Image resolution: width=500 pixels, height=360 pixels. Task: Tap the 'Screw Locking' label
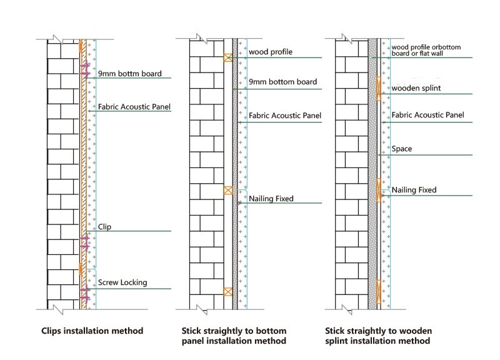pos(122,282)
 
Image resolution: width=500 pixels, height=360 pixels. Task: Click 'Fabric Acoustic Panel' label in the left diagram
pos(134,107)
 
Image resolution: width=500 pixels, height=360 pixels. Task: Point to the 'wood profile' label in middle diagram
pos(270,52)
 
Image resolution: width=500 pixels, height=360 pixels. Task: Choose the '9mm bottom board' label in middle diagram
pos(282,82)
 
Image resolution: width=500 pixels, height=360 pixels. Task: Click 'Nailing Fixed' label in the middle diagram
pos(271,199)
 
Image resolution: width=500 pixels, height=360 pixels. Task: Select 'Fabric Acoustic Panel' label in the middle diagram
pos(285,116)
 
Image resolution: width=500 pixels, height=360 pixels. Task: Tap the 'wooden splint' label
pos(416,88)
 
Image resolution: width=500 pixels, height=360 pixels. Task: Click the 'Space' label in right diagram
pos(401,149)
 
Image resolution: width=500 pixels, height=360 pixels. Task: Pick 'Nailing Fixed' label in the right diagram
pos(414,189)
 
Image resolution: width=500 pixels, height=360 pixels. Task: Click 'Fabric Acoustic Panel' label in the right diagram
pos(427,115)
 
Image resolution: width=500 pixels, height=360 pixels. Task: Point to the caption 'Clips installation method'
pos(92,330)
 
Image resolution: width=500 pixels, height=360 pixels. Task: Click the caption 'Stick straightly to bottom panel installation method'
pos(234,336)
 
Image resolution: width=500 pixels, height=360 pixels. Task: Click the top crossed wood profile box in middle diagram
pos(228,58)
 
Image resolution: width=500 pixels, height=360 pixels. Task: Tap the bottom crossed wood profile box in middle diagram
pos(228,291)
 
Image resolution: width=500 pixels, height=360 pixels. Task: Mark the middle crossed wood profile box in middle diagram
pos(228,191)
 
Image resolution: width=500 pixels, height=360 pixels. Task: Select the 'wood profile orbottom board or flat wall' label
pos(431,50)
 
